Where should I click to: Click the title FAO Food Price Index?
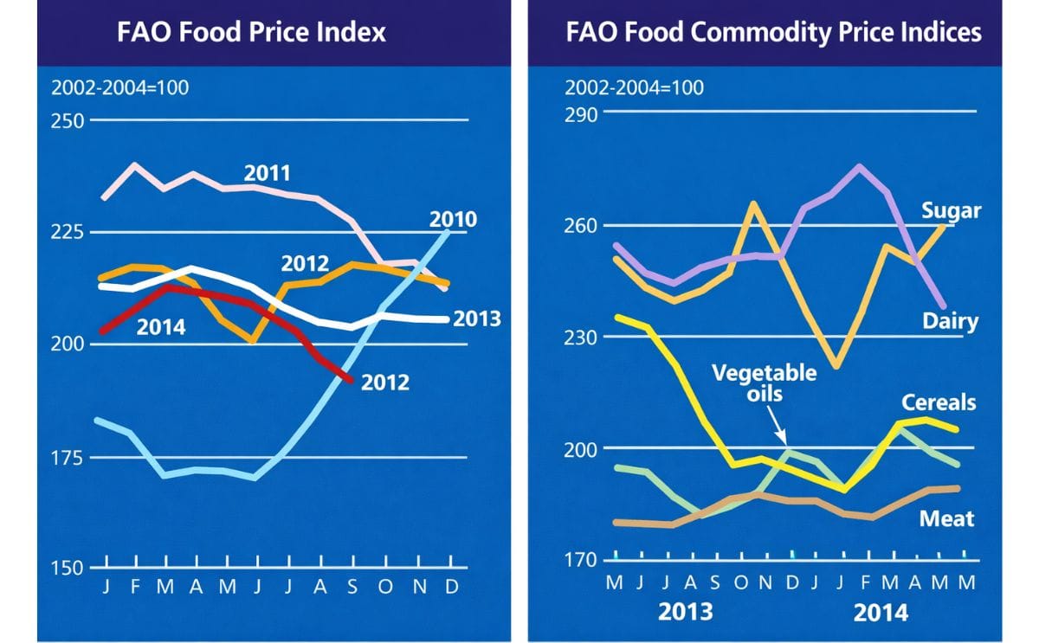click(251, 33)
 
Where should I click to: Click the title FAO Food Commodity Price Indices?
click(774, 33)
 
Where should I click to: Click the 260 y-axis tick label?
click(581, 227)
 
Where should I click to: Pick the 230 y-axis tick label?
click(581, 338)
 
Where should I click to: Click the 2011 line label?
click(267, 172)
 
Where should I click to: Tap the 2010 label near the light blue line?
click(453, 219)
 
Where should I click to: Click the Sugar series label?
click(951, 211)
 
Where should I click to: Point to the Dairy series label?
click(950, 322)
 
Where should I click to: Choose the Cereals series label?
click(939, 402)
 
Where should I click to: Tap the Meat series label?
click(946, 518)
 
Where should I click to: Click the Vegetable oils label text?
click(764, 383)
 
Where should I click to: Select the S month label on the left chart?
click(352, 587)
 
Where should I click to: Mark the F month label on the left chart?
click(135, 587)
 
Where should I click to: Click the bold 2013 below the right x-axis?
click(686, 613)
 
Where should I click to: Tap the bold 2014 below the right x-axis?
click(881, 613)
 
